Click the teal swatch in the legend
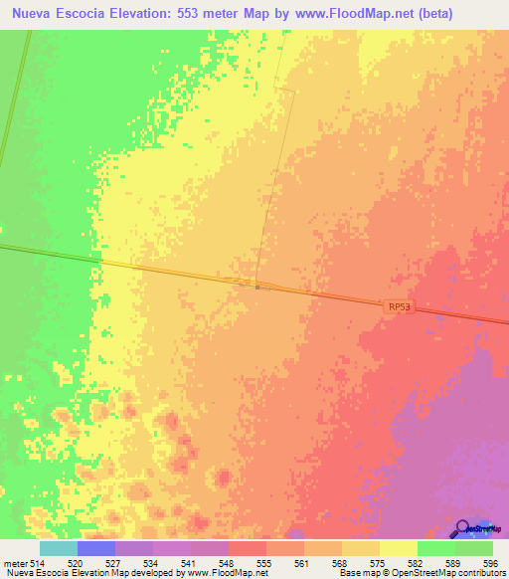59,549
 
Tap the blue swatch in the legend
96,549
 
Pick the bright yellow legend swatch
399,549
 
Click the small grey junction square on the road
256,287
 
